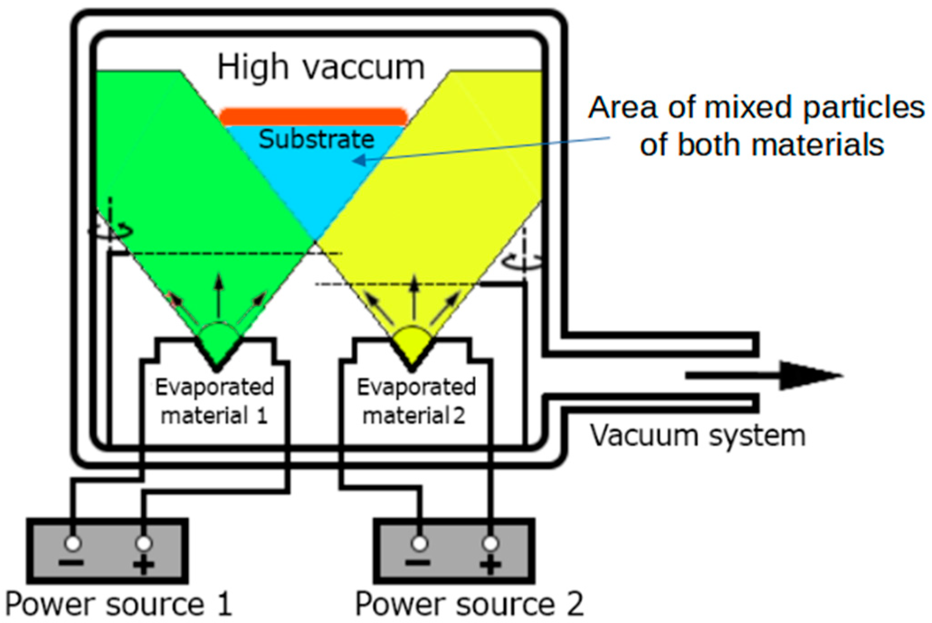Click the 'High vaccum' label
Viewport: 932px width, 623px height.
coord(321,68)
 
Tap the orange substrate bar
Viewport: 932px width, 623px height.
coord(314,117)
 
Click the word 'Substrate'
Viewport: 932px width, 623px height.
coord(316,139)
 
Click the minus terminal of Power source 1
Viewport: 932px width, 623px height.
coord(72,543)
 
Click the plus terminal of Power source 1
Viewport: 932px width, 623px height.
coord(143,543)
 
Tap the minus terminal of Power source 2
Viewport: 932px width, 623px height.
coord(419,543)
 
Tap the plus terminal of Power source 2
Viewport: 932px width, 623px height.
coord(490,543)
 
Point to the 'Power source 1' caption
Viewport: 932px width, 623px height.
coord(119,604)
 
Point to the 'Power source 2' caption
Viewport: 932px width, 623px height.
coord(469,604)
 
